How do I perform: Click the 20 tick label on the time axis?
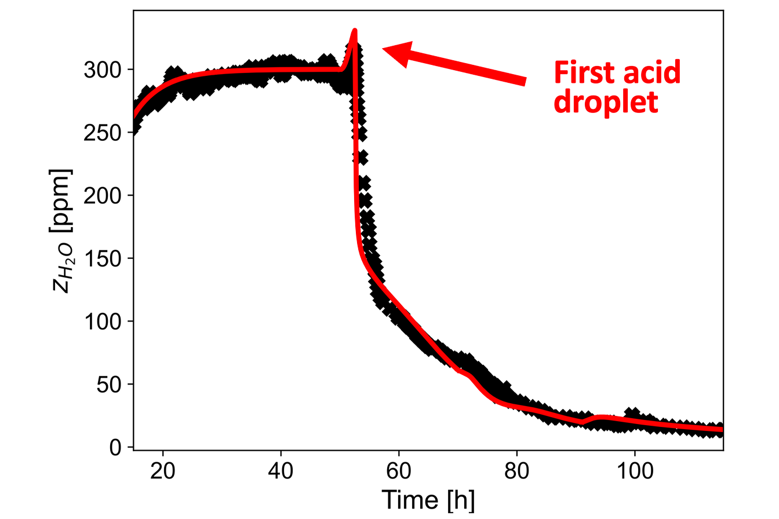(x=163, y=469)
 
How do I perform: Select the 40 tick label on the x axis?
(x=281, y=469)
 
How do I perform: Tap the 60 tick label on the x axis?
(x=399, y=469)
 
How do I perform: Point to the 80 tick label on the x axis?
(x=516, y=469)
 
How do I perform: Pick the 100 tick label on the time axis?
(x=634, y=469)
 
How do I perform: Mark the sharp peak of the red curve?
(x=354, y=31)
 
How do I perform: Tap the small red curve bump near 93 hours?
(x=600, y=416)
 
